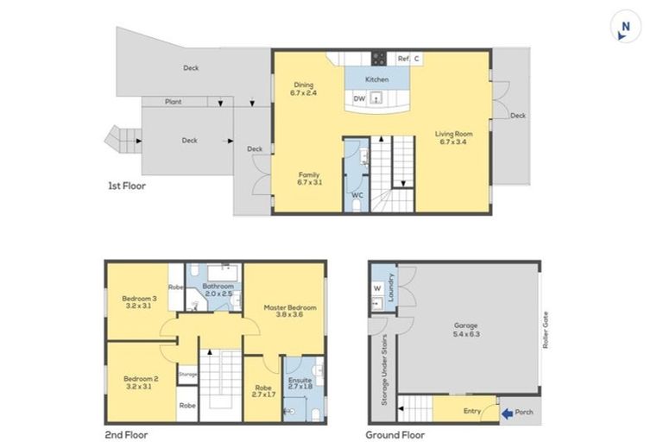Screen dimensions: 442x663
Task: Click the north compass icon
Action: tap(625, 28)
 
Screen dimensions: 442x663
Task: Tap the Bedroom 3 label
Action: tap(136, 303)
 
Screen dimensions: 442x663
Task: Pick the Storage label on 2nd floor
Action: tap(187, 374)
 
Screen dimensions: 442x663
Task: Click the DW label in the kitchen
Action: tap(359, 98)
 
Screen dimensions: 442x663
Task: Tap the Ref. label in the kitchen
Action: tap(402, 59)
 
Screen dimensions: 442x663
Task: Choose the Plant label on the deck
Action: tap(173, 102)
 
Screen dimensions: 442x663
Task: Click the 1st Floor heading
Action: tap(127, 186)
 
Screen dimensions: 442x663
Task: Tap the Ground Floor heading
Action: tap(394, 434)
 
